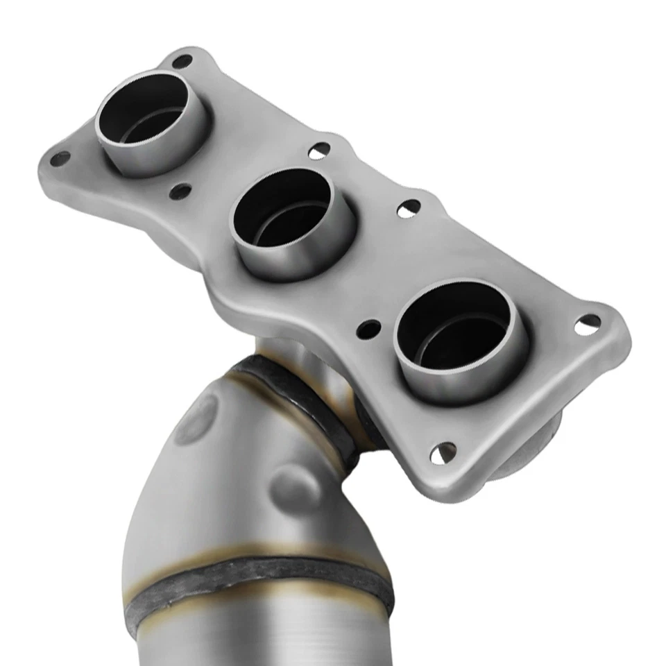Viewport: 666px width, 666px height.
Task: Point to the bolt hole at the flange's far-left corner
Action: coord(60,158)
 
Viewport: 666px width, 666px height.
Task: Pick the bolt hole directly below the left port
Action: coord(180,191)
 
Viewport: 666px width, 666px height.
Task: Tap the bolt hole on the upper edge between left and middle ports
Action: coord(319,150)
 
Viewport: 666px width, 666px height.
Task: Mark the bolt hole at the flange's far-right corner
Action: coord(588,323)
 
